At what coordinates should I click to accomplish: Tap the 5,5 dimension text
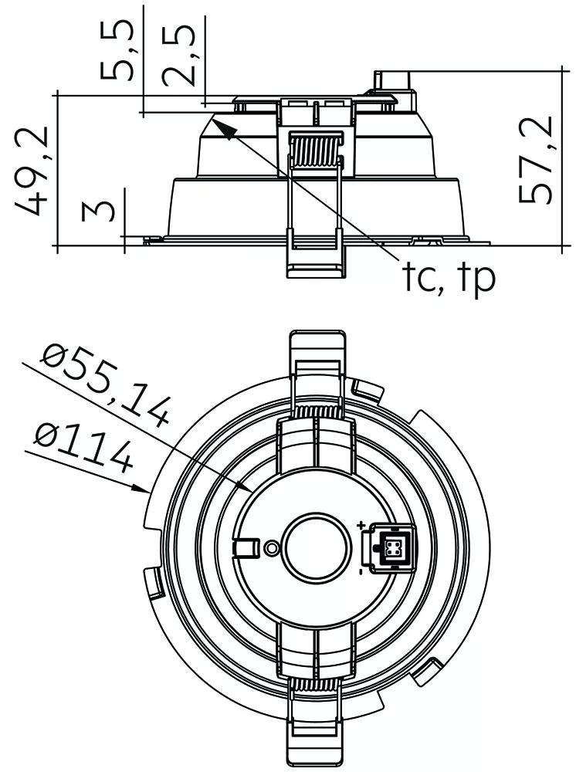(117, 50)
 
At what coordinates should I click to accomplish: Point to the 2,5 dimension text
(178, 54)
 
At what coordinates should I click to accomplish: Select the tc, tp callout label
(449, 278)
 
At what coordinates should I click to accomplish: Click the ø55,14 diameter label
(107, 384)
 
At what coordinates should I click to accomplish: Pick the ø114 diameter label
(83, 447)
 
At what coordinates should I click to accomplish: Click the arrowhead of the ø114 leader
(141, 488)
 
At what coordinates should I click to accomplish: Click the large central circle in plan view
(316, 547)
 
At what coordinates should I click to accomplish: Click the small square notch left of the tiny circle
(246, 547)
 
